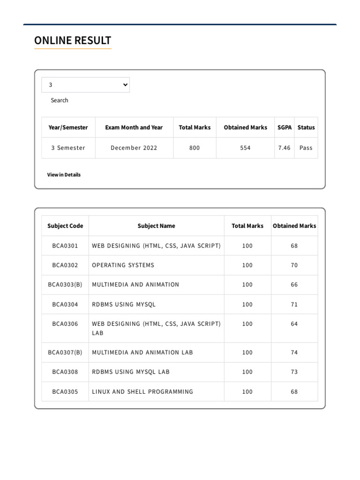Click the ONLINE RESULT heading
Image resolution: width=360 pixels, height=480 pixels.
(x=73, y=41)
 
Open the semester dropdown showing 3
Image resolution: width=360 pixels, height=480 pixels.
(x=85, y=85)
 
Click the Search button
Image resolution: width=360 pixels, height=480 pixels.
(x=60, y=100)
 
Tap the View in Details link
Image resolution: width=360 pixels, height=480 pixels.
(x=64, y=175)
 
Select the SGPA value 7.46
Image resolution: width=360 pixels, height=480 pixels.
(x=284, y=148)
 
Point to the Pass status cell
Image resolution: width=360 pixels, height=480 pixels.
(x=306, y=148)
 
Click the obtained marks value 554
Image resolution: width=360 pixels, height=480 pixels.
(x=245, y=148)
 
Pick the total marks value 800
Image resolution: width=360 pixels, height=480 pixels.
(x=195, y=148)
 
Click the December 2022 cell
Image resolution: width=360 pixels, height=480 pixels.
(x=134, y=148)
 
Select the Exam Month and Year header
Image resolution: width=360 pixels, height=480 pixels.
(x=134, y=127)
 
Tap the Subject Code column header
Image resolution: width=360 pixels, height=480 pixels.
(x=65, y=226)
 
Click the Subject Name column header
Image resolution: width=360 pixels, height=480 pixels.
(x=156, y=226)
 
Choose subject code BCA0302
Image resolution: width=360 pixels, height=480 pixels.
(x=65, y=265)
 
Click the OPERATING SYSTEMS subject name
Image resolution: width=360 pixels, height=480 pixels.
(x=123, y=265)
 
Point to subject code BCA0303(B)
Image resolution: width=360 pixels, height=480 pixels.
(x=65, y=285)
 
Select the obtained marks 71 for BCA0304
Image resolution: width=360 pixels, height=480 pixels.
(x=294, y=305)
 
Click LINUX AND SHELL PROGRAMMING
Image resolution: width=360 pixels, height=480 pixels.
(x=142, y=392)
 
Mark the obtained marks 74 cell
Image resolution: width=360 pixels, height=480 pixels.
(x=294, y=352)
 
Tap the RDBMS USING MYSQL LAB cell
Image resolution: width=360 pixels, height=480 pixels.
(x=131, y=372)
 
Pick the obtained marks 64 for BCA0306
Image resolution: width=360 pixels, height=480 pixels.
(x=294, y=324)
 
